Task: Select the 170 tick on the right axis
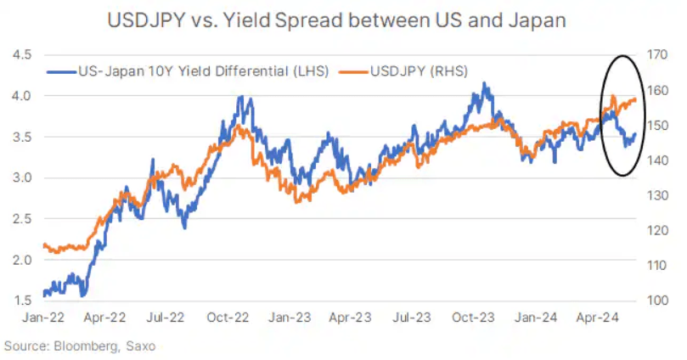[x=657, y=54]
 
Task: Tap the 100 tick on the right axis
[x=657, y=301]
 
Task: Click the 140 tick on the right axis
[x=657, y=160]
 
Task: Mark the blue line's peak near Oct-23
[x=484, y=83]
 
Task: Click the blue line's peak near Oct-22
[x=241, y=97]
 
